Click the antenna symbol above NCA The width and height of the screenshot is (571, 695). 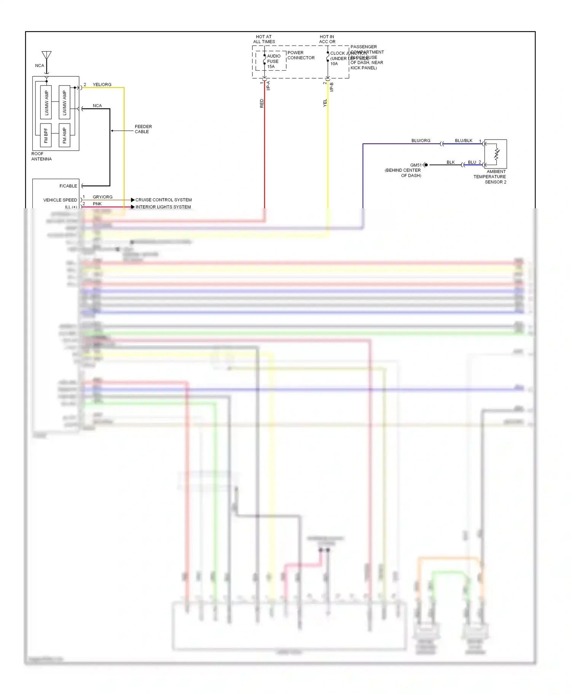tap(46, 56)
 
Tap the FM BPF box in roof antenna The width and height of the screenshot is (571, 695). tap(46, 135)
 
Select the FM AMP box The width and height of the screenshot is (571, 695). tap(64, 135)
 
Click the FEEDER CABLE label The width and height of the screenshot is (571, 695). tap(143, 129)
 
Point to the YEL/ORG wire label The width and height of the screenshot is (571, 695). tap(102, 84)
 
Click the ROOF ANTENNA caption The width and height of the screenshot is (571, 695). tap(41, 156)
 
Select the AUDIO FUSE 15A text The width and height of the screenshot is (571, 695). tap(273, 61)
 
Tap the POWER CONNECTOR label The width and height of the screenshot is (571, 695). tap(301, 55)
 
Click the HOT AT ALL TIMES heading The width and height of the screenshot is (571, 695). tap(264, 39)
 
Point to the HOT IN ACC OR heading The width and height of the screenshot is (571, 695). tap(327, 39)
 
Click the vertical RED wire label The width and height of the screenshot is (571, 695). tap(262, 103)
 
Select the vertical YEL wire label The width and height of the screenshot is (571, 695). tap(325, 103)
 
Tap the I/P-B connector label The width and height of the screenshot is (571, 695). tap(332, 87)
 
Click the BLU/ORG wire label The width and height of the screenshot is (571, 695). tap(421, 140)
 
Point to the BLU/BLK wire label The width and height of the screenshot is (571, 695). tap(463, 140)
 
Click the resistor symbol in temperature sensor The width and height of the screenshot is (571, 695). tap(496, 154)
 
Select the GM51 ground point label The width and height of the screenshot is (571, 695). tap(416, 165)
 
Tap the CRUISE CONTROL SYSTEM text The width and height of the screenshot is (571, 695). tap(163, 200)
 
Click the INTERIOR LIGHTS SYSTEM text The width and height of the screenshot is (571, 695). tap(163, 207)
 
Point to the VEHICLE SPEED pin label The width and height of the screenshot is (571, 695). tap(60, 200)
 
